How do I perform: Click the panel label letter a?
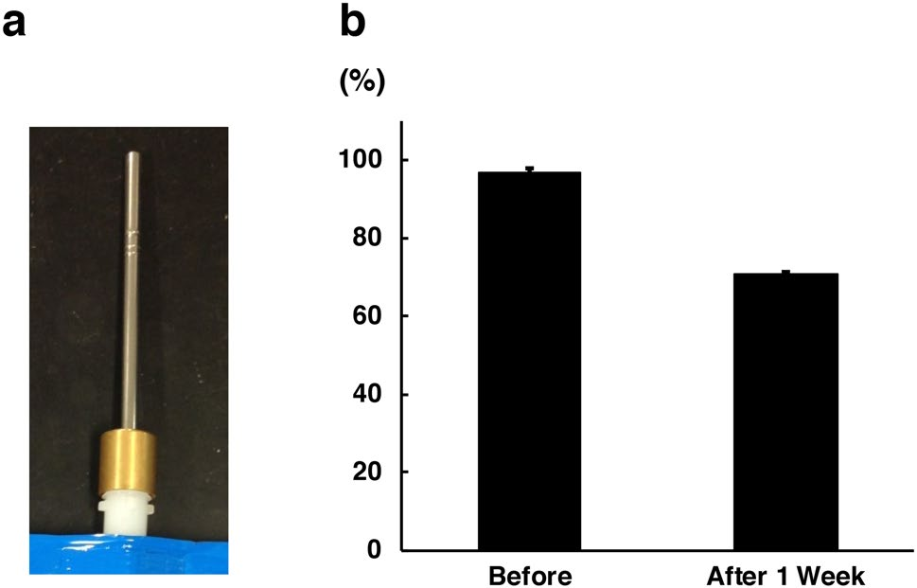pos(16,24)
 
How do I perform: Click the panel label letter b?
pos(353,24)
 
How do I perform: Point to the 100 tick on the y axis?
pos(359,160)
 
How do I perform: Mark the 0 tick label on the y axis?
pos(372,549)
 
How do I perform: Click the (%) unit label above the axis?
pos(362,83)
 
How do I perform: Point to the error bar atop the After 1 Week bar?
pos(786,272)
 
